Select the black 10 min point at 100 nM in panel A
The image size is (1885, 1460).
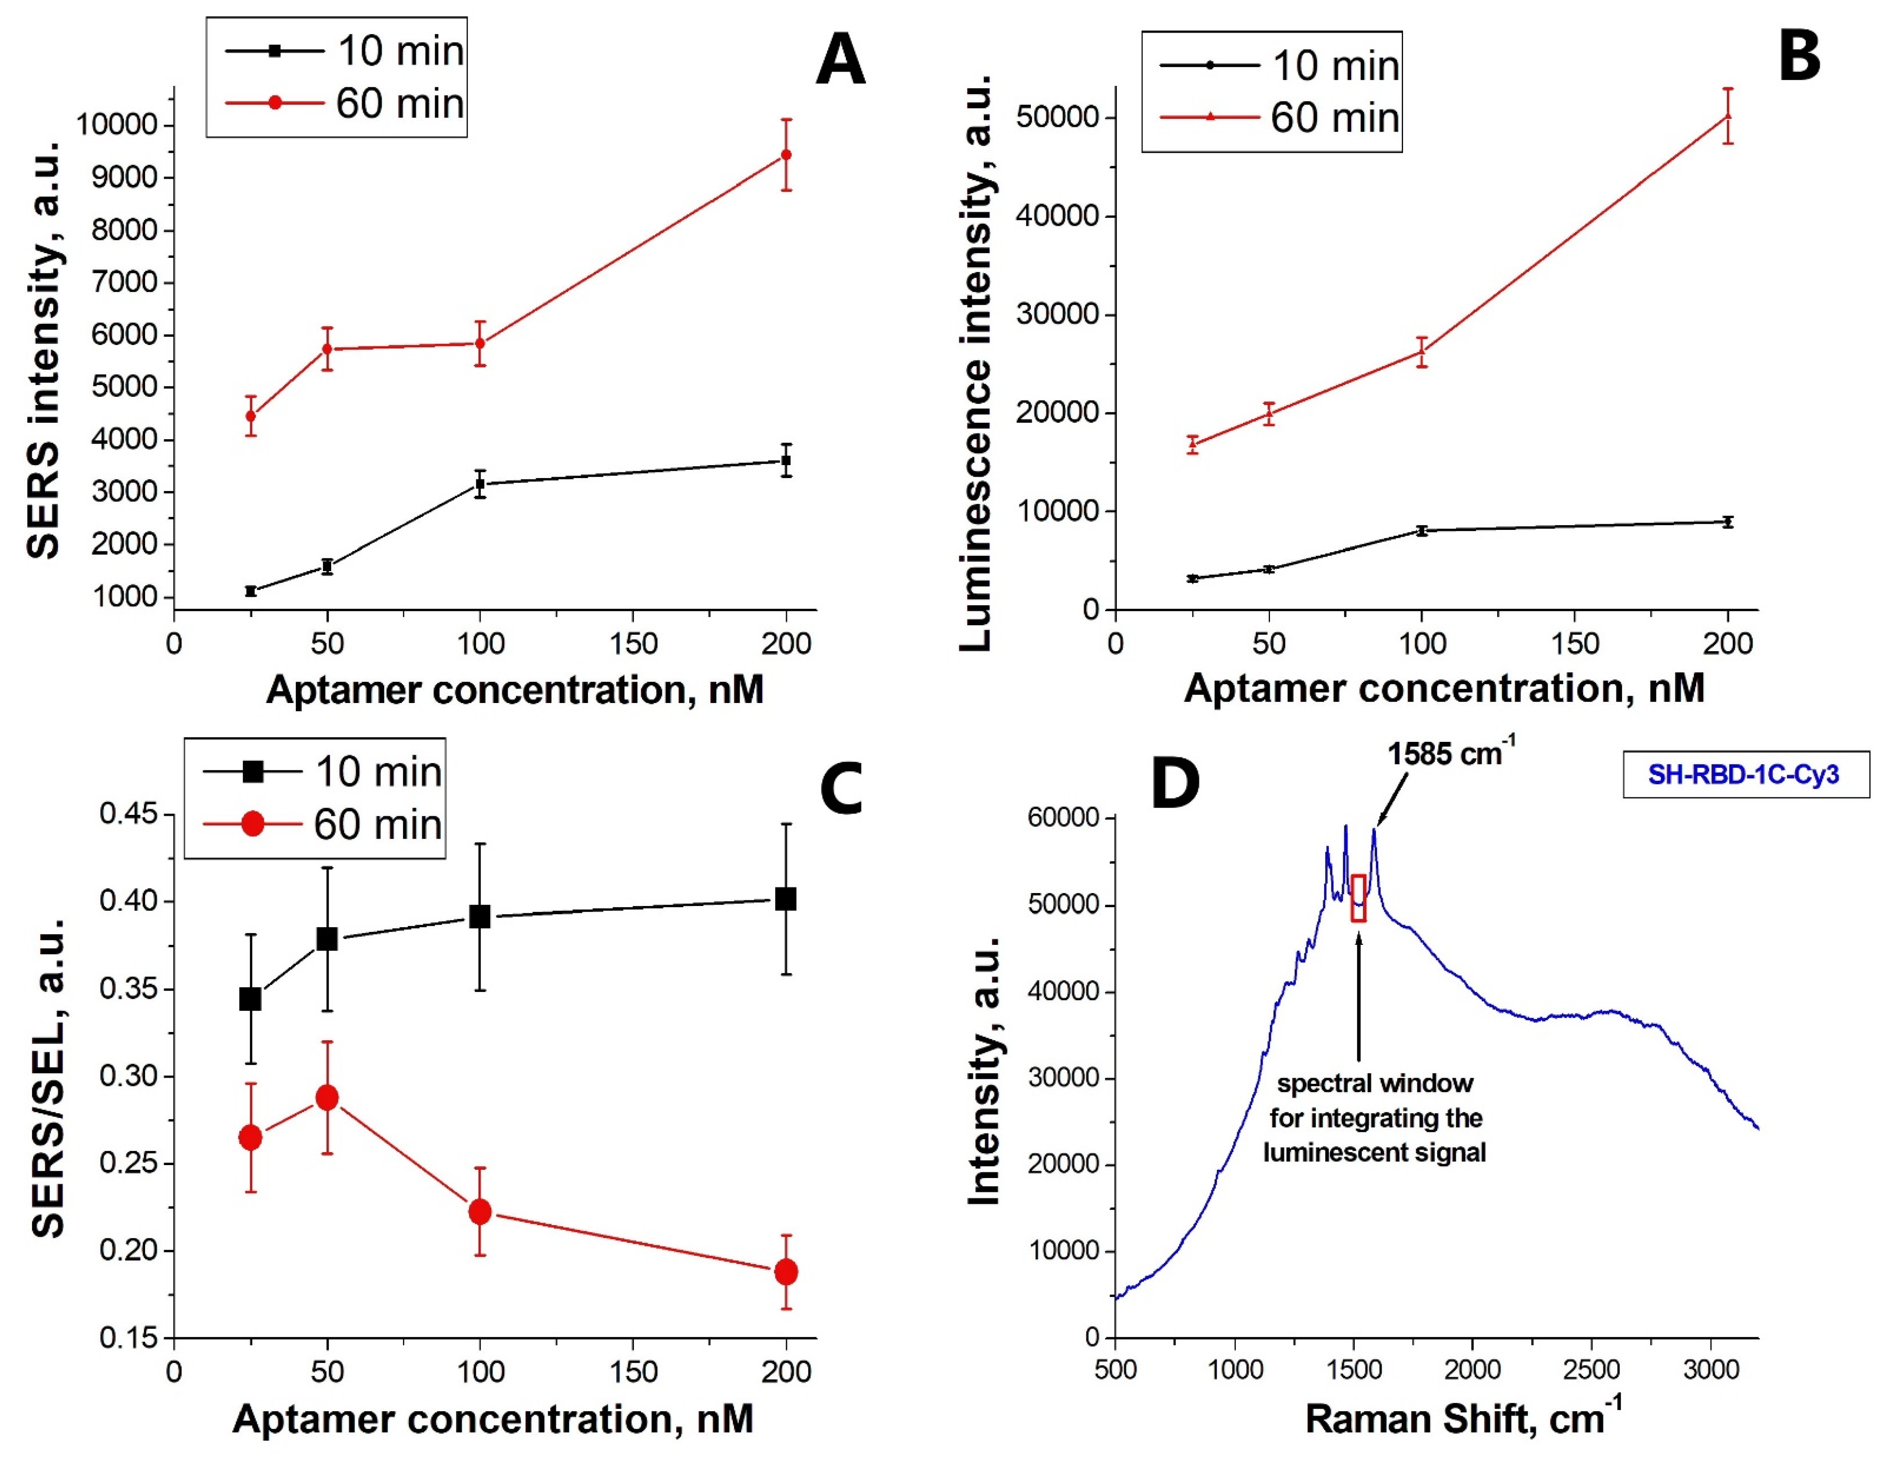[480, 484]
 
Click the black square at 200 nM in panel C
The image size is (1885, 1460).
[786, 899]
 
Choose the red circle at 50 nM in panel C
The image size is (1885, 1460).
[327, 1098]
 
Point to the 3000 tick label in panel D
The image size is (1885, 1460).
[1711, 1369]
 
